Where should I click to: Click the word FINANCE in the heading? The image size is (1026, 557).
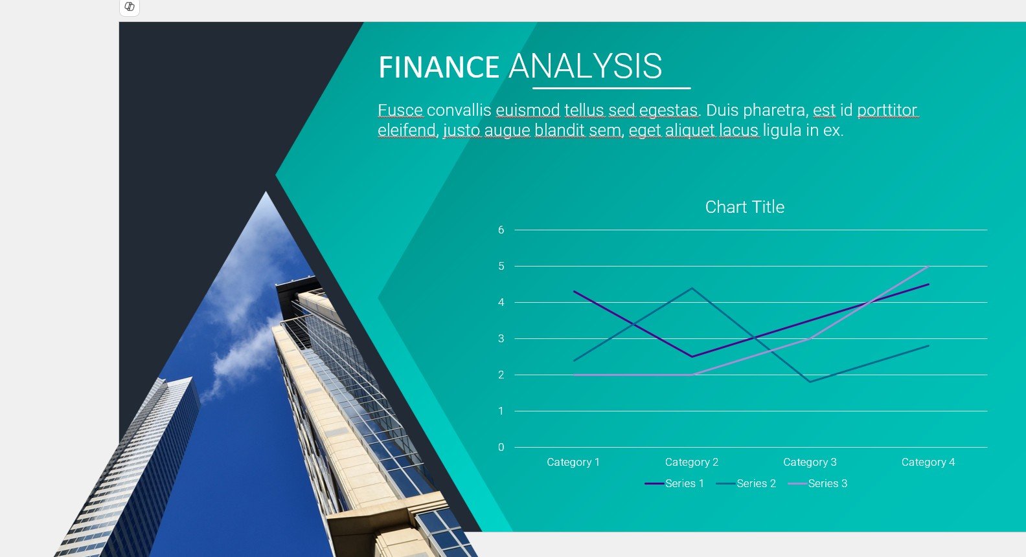click(x=439, y=67)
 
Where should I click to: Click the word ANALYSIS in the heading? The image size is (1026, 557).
click(x=586, y=66)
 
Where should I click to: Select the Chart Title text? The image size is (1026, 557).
click(x=745, y=207)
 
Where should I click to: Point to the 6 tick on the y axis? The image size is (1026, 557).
click(x=501, y=230)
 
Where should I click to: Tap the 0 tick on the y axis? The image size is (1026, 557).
click(x=501, y=447)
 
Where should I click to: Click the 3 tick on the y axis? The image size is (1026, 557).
click(x=501, y=339)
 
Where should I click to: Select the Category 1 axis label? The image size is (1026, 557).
click(x=573, y=463)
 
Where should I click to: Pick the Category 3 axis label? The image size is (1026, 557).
click(x=810, y=463)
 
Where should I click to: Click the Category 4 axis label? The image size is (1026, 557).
click(x=928, y=463)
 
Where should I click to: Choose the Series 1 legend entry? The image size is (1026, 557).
click(x=674, y=483)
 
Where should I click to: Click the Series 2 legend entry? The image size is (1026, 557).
click(x=746, y=483)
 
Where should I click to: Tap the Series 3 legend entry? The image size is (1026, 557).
click(x=817, y=483)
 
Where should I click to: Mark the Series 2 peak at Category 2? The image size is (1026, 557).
click(x=692, y=288)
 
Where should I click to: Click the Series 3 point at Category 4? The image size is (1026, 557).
click(x=928, y=266)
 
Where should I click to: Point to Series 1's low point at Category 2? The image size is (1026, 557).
click(x=692, y=356)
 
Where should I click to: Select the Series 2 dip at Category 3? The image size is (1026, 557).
click(x=810, y=382)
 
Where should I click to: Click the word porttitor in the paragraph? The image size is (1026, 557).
click(x=887, y=110)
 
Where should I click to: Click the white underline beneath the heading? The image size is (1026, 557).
click(x=611, y=88)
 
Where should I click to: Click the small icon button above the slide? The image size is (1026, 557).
click(x=130, y=7)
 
